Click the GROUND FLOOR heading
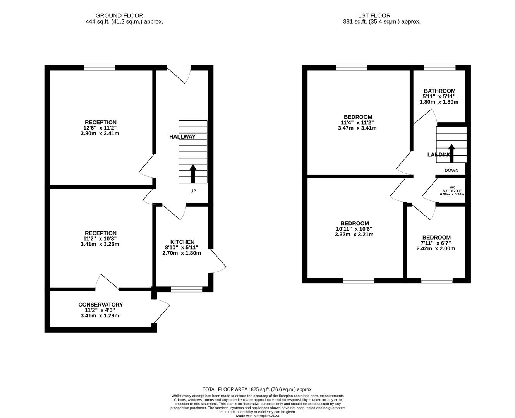pyautogui.click(x=119, y=15)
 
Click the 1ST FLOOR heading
pyautogui.click(x=374, y=15)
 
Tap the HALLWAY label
pyautogui.click(x=182, y=137)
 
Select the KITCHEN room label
pyautogui.click(x=182, y=242)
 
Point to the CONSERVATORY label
pyautogui.click(x=100, y=305)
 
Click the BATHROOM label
pyautogui.click(x=439, y=91)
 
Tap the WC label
pyautogui.click(x=452, y=187)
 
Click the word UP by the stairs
pyautogui.click(x=193, y=191)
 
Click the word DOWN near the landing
pyautogui.click(x=451, y=170)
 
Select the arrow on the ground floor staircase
pyautogui.click(x=193, y=173)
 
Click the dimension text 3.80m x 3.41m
pyautogui.click(x=100, y=134)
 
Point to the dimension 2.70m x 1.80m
pyautogui.click(x=182, y=253)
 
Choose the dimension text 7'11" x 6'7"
pyautogui.click(x=436, y=243)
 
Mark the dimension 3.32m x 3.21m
pyautogui.click(x=354, y=234)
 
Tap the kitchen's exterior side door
pyautogui.click(x=218, y=262)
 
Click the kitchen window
pyautogui.click(x=187, y=289)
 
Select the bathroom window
pyautogui.click(x=439, y=68)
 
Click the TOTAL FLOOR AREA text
pyautogui.click(x=257, y=389)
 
